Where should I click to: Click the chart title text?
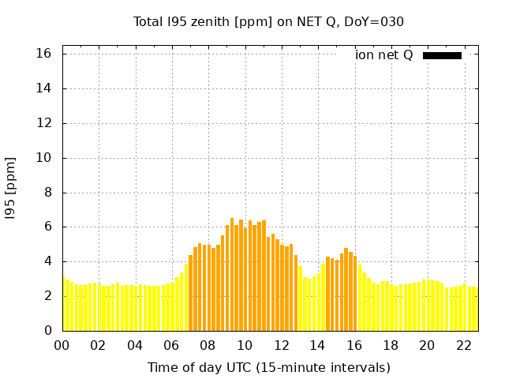point(268,21)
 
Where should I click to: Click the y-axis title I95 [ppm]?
point(11,188)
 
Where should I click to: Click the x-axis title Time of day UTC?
point(268,367)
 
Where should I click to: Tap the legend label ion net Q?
point(383,54)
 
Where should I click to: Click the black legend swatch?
point(442,55)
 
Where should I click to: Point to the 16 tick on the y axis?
point(44,54)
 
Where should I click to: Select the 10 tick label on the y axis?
point(44,158)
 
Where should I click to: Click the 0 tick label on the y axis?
point(48,331)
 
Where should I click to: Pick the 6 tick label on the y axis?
point(48,227)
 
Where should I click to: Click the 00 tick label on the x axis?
point(62,345)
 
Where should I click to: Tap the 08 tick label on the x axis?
point(208,345)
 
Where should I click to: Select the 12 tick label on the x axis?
point(281,345)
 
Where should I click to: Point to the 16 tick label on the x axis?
point(353,345)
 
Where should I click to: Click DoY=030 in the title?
point(374,21)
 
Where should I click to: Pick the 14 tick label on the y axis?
point(44,88)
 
